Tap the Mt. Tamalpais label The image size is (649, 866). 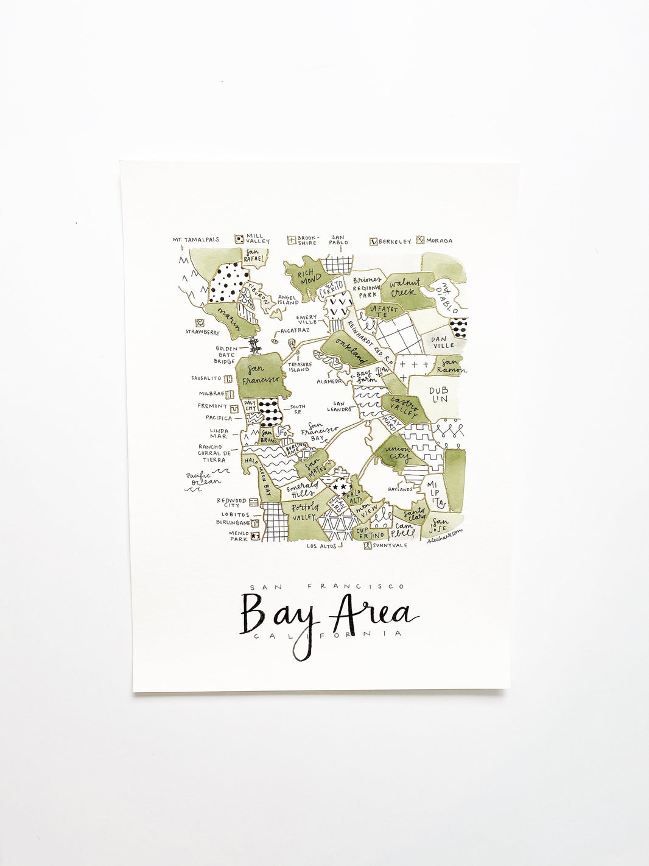[196, 240]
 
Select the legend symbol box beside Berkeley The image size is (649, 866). [374, 241]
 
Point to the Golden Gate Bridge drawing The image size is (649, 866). [255, 346]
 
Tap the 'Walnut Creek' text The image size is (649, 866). [405, 288]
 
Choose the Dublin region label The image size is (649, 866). [438, 395]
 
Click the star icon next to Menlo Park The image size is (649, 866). [254, 536]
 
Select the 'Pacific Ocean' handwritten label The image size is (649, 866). [203, 478]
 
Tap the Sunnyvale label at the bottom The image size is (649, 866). [390, 545]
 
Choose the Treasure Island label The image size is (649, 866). [299, 367]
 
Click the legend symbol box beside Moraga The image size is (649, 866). [420, 240]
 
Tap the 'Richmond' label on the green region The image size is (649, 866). [310, 276]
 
